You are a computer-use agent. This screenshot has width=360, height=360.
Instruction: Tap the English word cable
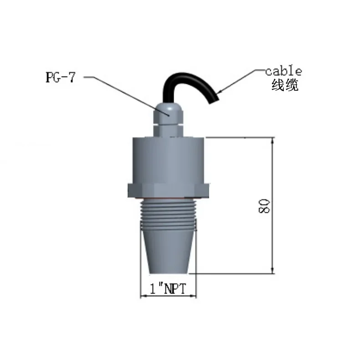283,71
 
